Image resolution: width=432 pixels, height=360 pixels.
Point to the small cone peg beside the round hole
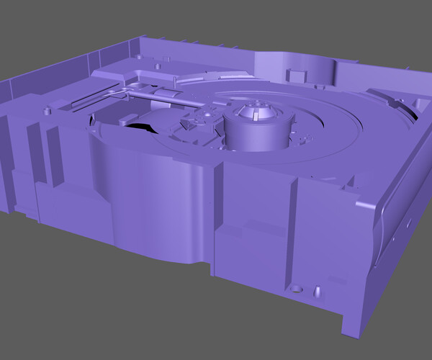(315, 292)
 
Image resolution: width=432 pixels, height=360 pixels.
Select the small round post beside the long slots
(48, 110)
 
